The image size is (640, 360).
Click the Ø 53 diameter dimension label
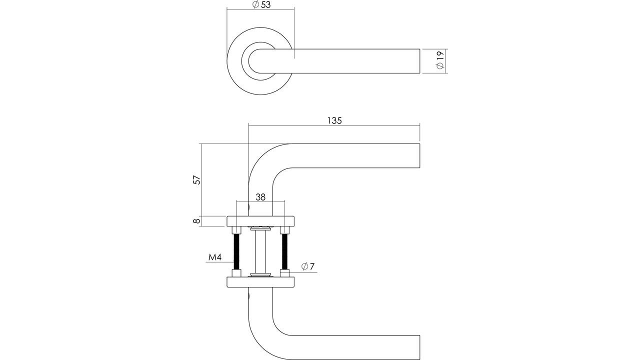coord(261,4)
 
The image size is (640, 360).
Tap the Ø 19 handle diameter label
coord(440,60)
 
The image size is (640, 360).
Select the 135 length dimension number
coord(334,120)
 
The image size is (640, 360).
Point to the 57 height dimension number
coord(197,179)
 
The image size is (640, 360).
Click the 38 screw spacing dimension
coord(260,197)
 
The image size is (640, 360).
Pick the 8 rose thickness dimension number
coord(196,221)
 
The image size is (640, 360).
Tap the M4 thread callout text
coord(215,257)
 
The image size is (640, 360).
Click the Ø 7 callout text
coord(307,266)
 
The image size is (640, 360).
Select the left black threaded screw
coord(236,251)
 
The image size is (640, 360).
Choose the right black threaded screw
coord(284,251)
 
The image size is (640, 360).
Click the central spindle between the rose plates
coord(260,251)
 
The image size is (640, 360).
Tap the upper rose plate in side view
coord(260,221)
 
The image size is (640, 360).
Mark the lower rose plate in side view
coord(260,282)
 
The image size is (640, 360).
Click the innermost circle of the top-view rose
coord(248,61)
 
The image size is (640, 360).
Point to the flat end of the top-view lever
coord(419,61)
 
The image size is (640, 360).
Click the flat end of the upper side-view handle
coord(419,155)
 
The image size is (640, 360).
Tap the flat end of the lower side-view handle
coord(419,347)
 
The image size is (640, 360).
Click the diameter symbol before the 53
coord(255,4)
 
